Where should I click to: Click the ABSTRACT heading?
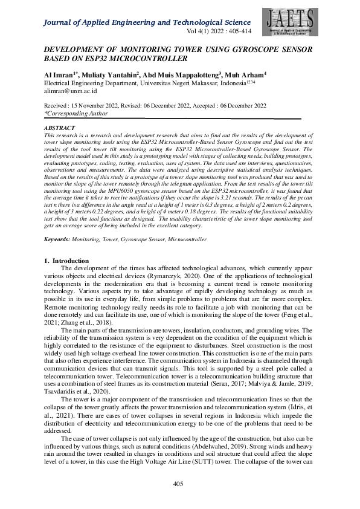[x=60, y=128]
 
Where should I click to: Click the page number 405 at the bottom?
[x=178, y=484]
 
